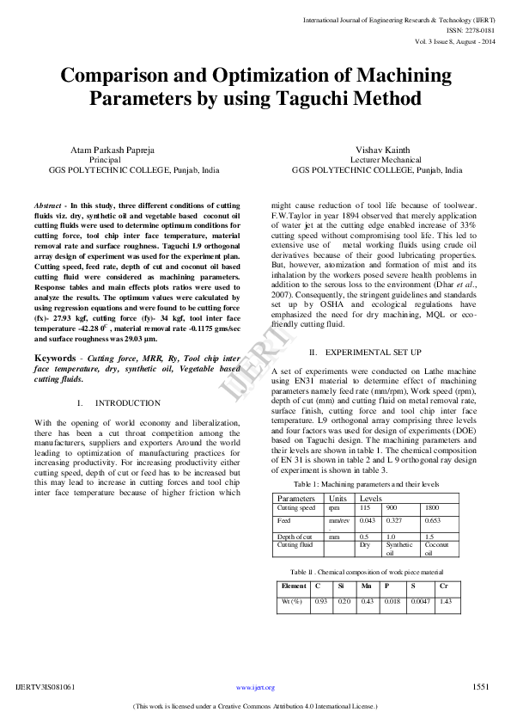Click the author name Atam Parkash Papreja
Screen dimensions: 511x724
click(x=112, y=150)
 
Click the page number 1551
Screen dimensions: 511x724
click(x=481, y=686)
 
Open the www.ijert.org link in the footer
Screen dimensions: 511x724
click(x=255, y=687)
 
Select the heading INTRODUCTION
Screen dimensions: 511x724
click(x=127, y=402)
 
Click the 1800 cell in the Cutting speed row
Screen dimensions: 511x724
click(x=432, y=508)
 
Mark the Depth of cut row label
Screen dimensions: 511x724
click(x=294, y=536)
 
